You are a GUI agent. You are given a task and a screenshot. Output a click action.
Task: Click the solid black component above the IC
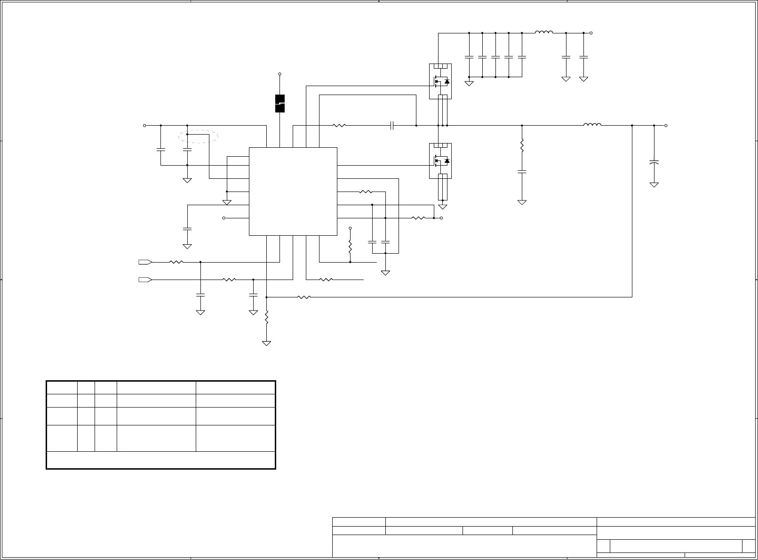[280, 104]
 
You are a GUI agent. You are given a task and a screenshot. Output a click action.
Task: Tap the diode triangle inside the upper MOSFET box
[447, 82]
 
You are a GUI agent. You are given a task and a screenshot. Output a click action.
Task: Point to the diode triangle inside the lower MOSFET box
[447, 161]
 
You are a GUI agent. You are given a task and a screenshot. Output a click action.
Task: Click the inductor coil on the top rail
[544, 32]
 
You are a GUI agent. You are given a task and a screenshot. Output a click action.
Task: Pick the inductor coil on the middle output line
[592, 125]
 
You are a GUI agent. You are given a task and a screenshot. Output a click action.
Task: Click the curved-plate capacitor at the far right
[654, 162]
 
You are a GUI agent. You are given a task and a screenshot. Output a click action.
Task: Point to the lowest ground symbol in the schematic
[267, 343]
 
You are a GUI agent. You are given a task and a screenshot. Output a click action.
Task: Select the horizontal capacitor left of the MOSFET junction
[392, 126]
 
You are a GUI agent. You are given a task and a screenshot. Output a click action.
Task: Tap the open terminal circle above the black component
[280, 74]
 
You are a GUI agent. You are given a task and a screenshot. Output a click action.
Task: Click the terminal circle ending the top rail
[591, 33]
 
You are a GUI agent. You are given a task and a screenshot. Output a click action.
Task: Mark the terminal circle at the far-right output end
[666, 126]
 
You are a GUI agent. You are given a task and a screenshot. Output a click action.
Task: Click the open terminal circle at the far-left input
[144, 126]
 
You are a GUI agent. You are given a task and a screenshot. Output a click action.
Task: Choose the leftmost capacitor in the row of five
[469, 57]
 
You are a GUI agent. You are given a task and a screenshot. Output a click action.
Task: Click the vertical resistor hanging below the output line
[522, 145]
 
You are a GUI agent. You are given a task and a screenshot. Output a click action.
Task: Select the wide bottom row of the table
[160, 460]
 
